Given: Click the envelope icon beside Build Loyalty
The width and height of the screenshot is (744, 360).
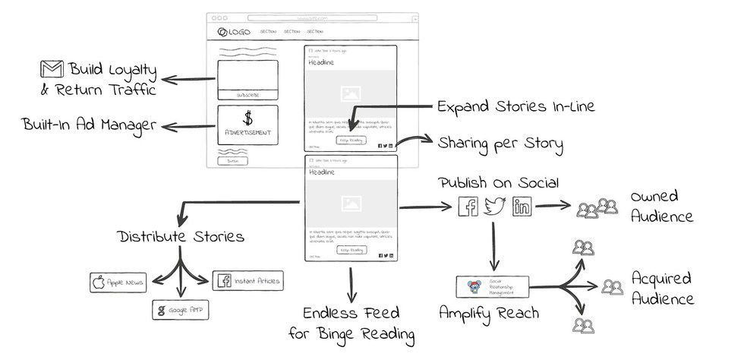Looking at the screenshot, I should (52, 72).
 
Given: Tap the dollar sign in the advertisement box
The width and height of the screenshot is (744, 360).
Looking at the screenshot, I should (247, 118).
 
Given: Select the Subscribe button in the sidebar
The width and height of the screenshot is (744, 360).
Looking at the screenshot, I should (247, 95).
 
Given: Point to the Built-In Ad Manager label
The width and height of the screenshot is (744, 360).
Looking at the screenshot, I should (89, 124).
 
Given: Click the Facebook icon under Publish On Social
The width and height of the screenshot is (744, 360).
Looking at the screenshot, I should (468, 207).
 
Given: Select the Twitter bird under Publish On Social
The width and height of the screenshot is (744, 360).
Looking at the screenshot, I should (495, 206).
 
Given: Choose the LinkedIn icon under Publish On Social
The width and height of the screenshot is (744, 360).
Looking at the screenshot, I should (522, 207).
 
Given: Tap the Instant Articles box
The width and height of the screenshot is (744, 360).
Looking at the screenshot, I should (248, 281).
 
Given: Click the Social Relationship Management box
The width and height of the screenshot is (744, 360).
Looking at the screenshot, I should (491, 287).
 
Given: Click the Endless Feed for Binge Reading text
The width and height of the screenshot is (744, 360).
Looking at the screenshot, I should (350, 323).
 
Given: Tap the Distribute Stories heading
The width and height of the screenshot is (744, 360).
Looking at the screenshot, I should (181, 236).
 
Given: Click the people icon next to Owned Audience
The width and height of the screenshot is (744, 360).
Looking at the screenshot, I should (597, 207).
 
